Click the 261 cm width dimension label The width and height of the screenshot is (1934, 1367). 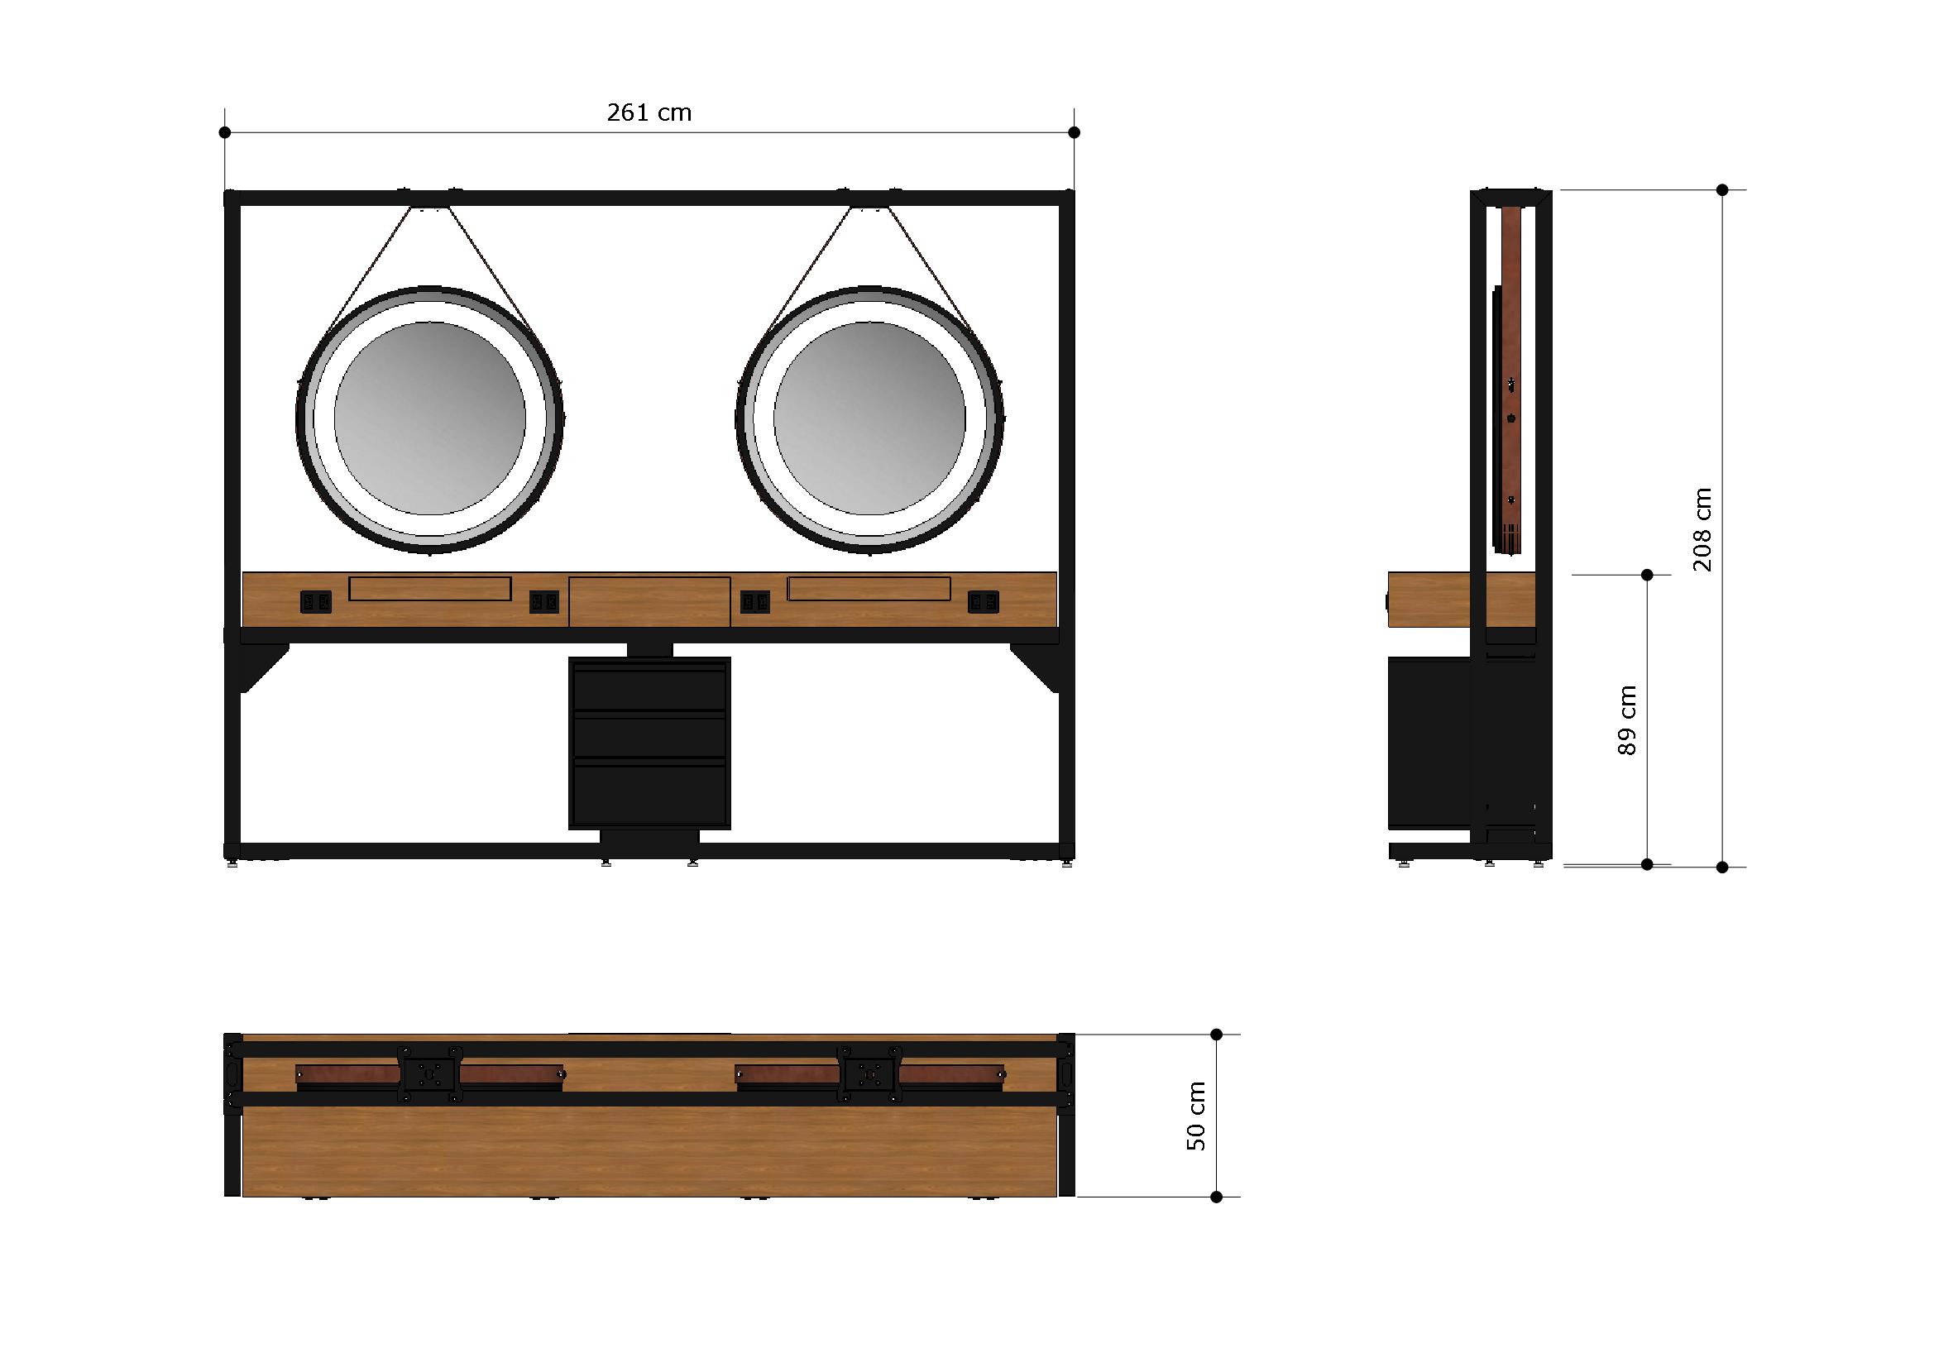coord(649,112)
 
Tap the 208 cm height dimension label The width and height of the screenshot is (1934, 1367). coord(1702,529)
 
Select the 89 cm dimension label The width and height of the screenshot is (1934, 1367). coord(1627,720)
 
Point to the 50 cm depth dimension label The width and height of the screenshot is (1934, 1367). coord(1196,1116)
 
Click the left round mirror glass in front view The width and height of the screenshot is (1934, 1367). coord(429,418)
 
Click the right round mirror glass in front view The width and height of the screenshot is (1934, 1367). coord(869,418)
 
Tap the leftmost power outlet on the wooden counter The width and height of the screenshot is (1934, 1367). coord(315,601)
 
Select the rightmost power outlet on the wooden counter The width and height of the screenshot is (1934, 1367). coord(983,601)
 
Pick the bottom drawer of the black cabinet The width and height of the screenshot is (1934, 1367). coord(649,791)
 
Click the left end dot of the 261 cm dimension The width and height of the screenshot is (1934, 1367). coord(225,132)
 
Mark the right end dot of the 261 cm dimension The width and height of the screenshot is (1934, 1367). coord(1074,132)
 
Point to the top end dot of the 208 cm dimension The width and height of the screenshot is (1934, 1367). coord(1722,190)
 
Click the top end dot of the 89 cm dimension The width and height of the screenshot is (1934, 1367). coord(1648,576)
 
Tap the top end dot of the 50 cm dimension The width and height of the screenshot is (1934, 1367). coord(1216,1035)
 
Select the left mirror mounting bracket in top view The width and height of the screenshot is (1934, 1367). coord(430,1074)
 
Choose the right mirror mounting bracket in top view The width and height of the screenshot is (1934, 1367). coord(870,1074)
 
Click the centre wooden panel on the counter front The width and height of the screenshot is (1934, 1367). coord(649,601)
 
